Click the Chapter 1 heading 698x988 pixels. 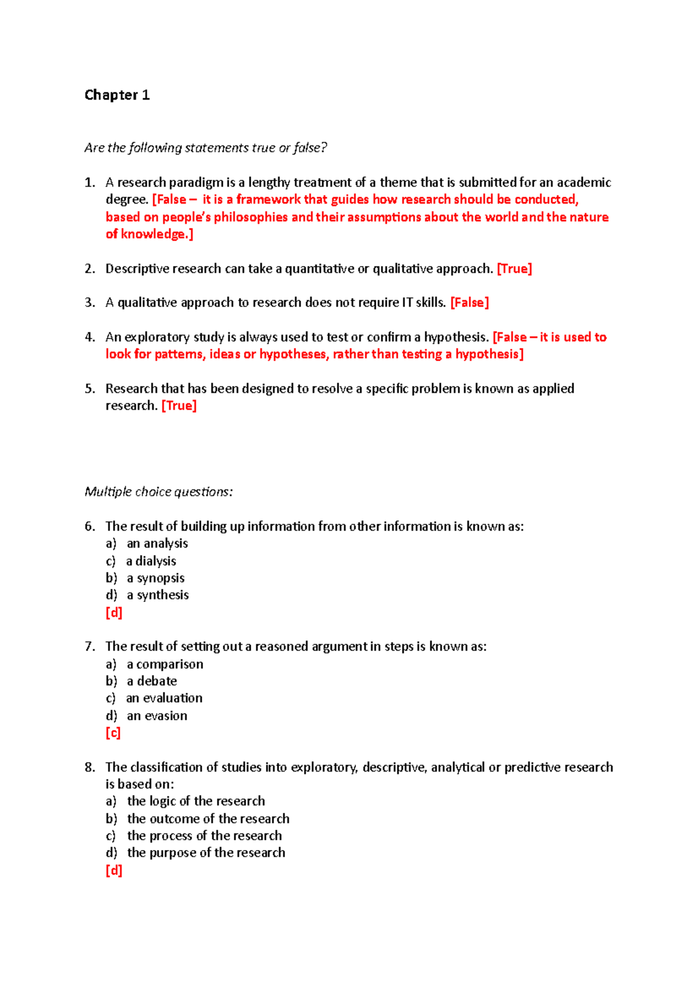117,95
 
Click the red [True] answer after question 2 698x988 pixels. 514,269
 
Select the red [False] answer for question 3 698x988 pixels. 469,303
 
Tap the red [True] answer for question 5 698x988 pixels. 179,406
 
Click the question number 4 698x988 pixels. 90,337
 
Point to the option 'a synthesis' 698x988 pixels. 158,595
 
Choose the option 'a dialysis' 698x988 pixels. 151,561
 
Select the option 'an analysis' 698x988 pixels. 157,543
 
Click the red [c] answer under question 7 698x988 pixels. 113,733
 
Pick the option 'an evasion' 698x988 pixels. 157,716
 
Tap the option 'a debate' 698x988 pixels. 152,681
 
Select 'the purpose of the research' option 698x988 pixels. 206,852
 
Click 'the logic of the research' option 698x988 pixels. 196,801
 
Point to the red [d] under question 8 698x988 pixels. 114,870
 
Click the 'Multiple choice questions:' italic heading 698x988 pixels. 158,492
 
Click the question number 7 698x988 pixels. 90,646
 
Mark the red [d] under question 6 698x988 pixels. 114,612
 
